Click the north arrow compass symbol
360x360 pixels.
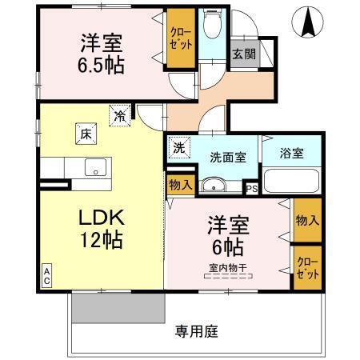[307, 21]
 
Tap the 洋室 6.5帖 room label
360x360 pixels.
[102, 54]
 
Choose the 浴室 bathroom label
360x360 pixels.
[292, 153]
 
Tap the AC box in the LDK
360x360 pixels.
[46, 275]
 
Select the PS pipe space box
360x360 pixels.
[251, 189]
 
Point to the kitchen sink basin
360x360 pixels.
[97, 168]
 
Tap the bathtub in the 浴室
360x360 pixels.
[292, 182]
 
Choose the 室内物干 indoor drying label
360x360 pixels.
[227, 268]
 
